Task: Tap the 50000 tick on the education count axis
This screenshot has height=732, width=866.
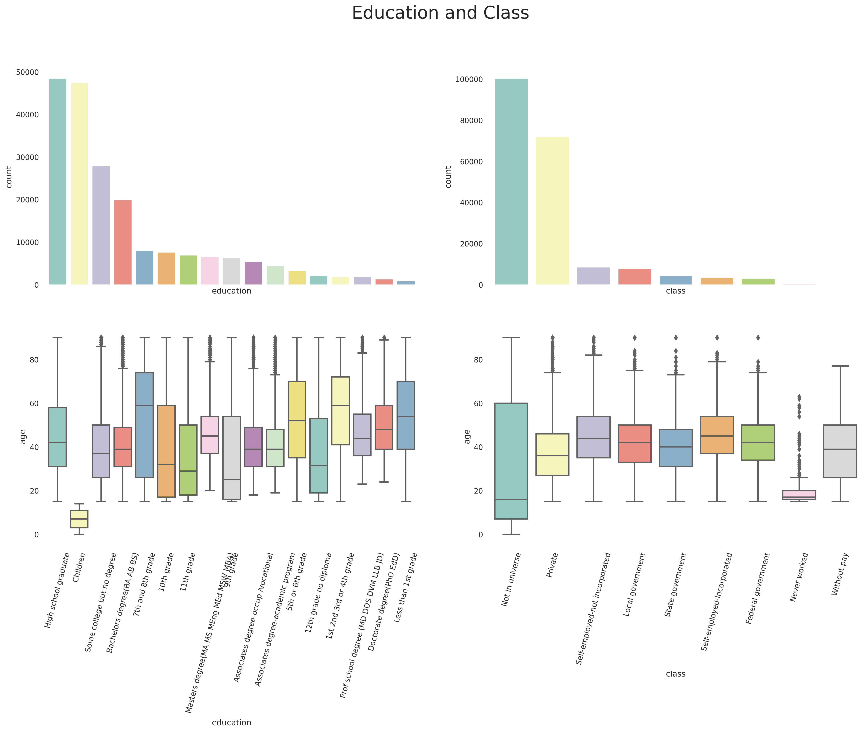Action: click(x=27, y=72)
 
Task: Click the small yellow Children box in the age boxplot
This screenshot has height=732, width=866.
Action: click(x=79, y=519)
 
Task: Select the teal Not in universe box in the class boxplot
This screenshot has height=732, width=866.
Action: click(x=511, y=461)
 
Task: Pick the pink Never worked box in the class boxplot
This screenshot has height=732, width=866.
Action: click(x=799, y=495)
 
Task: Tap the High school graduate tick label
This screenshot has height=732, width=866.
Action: click(x=57, y=590)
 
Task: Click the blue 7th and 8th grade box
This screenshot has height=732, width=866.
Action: click(x=144, y=425)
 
